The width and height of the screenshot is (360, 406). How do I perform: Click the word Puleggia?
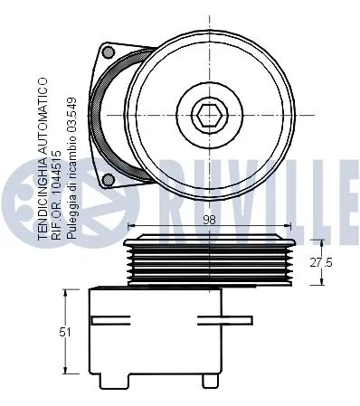(x=73, y=214)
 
